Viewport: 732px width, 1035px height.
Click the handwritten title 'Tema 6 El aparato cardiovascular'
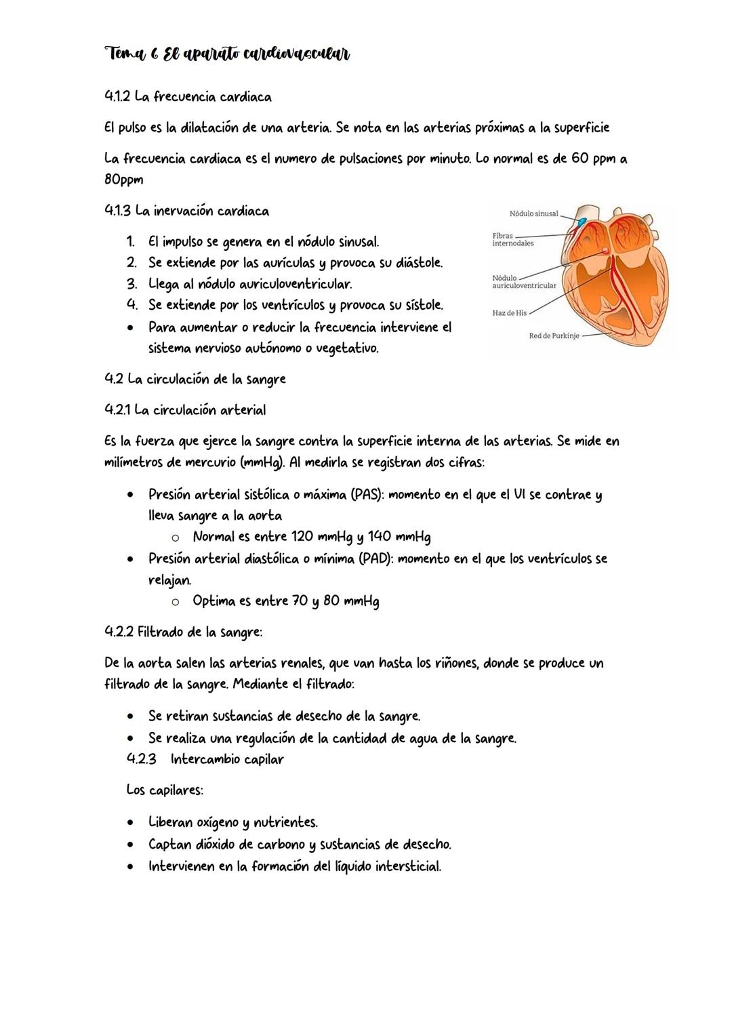pos(227,54)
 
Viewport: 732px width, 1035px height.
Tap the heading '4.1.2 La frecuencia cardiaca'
pos(188,97)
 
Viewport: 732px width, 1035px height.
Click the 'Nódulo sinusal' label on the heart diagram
pos(533,214)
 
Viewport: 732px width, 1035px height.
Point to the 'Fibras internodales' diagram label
pos(512,239)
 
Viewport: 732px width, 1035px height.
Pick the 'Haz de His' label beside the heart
pos(509,313)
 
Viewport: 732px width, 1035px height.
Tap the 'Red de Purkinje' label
pos(554,336)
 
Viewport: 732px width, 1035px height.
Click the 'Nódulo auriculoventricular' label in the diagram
pos(524,282)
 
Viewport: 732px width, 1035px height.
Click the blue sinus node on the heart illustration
pos(582,221)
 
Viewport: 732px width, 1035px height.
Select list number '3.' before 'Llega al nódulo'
pos(131,284)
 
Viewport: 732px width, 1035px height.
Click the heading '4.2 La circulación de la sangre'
pos(195,380)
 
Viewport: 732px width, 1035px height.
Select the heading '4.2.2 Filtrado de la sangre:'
pos(183,632)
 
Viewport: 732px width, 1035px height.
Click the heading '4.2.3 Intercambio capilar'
pos(205,759)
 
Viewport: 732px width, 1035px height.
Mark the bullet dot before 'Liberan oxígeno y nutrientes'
pos(129,823)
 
